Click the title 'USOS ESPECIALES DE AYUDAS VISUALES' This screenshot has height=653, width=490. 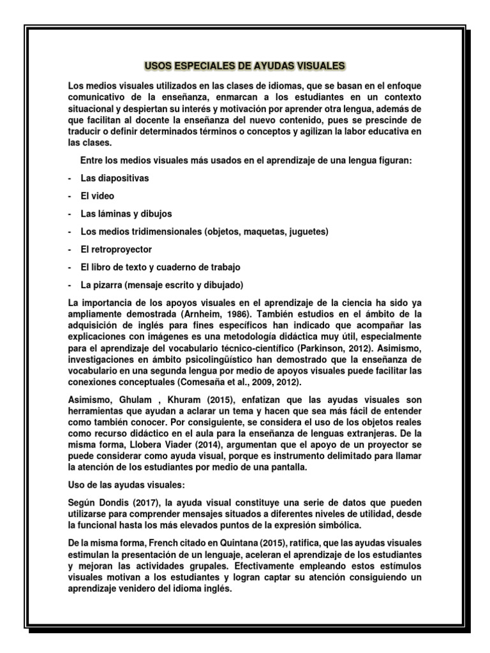pyautogui.click(x=244, y=66)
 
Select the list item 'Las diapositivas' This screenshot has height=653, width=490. pyautogui.click(x=114, y=179)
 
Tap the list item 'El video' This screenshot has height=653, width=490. pyautogui.click(x=97, y=196)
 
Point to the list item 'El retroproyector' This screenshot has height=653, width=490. pyautogui.click(x=116, y=249)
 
